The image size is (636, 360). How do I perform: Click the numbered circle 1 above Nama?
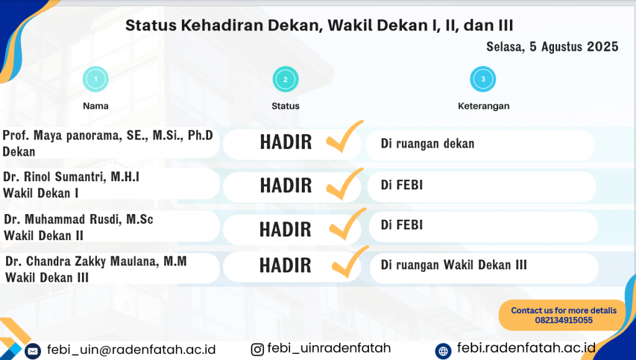96,79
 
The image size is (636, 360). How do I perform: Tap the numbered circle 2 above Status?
286,79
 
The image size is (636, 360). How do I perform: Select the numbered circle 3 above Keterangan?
483,79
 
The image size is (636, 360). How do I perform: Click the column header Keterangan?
483,106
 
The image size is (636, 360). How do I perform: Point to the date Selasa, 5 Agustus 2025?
552,47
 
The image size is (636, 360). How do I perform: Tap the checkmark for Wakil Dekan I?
344,184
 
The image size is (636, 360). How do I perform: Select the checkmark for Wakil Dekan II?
348,224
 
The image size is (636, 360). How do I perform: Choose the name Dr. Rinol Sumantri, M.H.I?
71,177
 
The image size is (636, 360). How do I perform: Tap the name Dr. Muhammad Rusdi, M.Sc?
78,219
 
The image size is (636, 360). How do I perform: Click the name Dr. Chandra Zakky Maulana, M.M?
96,261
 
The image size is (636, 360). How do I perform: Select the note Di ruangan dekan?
427,143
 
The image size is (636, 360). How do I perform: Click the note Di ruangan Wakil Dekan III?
453,265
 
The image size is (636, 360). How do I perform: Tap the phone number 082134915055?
564,320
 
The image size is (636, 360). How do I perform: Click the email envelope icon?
33,351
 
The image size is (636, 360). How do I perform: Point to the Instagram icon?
257,349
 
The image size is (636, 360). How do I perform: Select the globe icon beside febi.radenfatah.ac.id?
443,351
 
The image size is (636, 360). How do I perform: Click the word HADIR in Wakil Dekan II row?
286,230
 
